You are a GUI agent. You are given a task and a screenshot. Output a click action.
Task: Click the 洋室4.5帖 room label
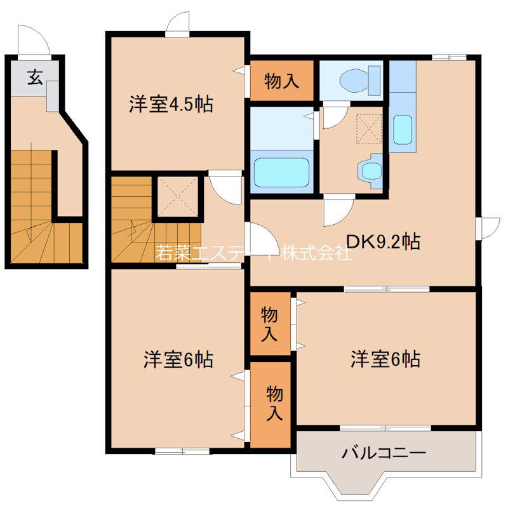[171, 104]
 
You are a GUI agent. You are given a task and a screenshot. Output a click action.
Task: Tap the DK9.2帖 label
[384, 242]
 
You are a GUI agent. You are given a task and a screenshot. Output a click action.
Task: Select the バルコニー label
[384, 453]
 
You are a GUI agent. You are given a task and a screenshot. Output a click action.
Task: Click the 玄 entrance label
[35, 77]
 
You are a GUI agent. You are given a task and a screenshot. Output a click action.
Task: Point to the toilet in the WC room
[359, 80]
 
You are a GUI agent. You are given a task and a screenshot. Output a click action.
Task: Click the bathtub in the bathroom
[281, 172]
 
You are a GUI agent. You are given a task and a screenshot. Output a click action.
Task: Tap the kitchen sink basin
[403, 130]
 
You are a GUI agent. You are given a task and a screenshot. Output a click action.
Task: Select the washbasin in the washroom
[370, 171]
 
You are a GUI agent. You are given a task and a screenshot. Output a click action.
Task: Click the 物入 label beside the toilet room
[281, 81]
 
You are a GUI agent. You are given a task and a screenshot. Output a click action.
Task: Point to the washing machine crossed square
[369, 129]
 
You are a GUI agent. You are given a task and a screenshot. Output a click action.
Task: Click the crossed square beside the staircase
[178, 197]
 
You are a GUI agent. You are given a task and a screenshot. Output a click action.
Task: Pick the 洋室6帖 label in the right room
[385, 359]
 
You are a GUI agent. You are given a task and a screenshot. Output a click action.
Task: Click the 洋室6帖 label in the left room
[178, 359]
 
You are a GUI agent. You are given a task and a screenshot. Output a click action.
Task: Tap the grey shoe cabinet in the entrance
[53, 96]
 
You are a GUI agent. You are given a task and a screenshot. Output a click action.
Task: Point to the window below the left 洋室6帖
[182, 451]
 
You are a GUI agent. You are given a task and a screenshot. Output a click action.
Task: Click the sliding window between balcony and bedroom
[385, 428]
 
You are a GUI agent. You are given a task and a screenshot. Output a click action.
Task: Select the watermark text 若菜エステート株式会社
[253, 253]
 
